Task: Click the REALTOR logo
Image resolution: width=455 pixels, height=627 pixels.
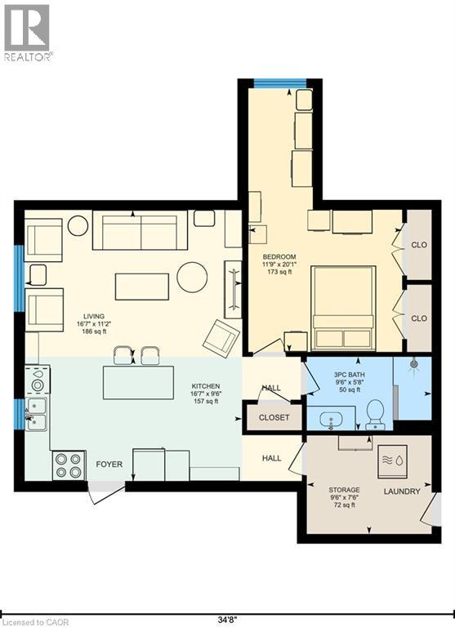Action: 27,33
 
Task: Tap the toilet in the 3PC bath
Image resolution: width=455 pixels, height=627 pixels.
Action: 376,415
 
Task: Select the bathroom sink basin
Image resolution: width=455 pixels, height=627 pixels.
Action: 331,420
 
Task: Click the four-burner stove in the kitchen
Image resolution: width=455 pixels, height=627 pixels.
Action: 69,465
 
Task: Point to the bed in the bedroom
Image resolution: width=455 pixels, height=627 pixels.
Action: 344,308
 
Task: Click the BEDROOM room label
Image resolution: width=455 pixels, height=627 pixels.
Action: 279,256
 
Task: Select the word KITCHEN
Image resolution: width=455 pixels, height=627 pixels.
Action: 206,386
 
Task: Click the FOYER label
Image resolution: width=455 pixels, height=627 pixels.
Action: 109,465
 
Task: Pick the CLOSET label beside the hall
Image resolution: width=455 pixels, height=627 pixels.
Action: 274,417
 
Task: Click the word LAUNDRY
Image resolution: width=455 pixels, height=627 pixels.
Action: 402,491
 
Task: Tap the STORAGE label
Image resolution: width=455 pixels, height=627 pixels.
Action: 344,490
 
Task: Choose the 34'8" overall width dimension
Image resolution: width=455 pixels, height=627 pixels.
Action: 227,620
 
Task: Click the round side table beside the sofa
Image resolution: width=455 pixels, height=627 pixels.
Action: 78,226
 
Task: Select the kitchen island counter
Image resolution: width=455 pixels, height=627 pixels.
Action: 138,383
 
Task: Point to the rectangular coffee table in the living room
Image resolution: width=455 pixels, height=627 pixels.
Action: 142,287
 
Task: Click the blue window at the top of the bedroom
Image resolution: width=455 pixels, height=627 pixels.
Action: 280,83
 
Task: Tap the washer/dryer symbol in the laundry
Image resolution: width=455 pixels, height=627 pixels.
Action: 393,461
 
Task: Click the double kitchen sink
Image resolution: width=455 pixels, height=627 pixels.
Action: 36,414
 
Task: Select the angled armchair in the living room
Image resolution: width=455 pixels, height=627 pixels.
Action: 221,339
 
